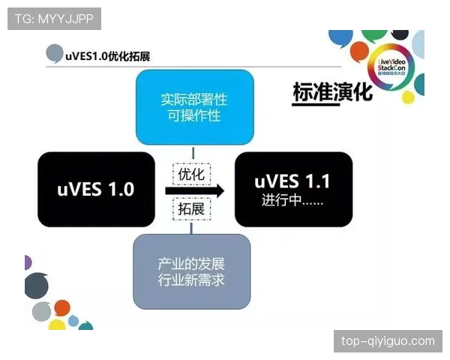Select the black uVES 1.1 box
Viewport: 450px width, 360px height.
coord(293,189)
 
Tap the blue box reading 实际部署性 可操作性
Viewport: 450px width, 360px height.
coord(194,107)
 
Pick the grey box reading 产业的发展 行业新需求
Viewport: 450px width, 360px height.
coord(192,271)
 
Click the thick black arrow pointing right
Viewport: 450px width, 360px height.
coord(194,191)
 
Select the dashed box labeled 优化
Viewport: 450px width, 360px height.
coord(190,174)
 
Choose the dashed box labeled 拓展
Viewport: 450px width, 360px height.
coord(190,208)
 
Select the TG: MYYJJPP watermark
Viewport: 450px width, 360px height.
coord(54,19)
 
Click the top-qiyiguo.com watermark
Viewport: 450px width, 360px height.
coord(388,341)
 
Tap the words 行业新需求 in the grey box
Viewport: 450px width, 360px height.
coord(192,280)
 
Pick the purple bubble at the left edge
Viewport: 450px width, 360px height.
coord(27,262)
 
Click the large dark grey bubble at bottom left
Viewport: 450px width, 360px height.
coord(36,286)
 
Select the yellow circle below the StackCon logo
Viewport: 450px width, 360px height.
coord(408,97)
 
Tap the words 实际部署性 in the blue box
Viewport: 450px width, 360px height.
coord(194,99)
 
